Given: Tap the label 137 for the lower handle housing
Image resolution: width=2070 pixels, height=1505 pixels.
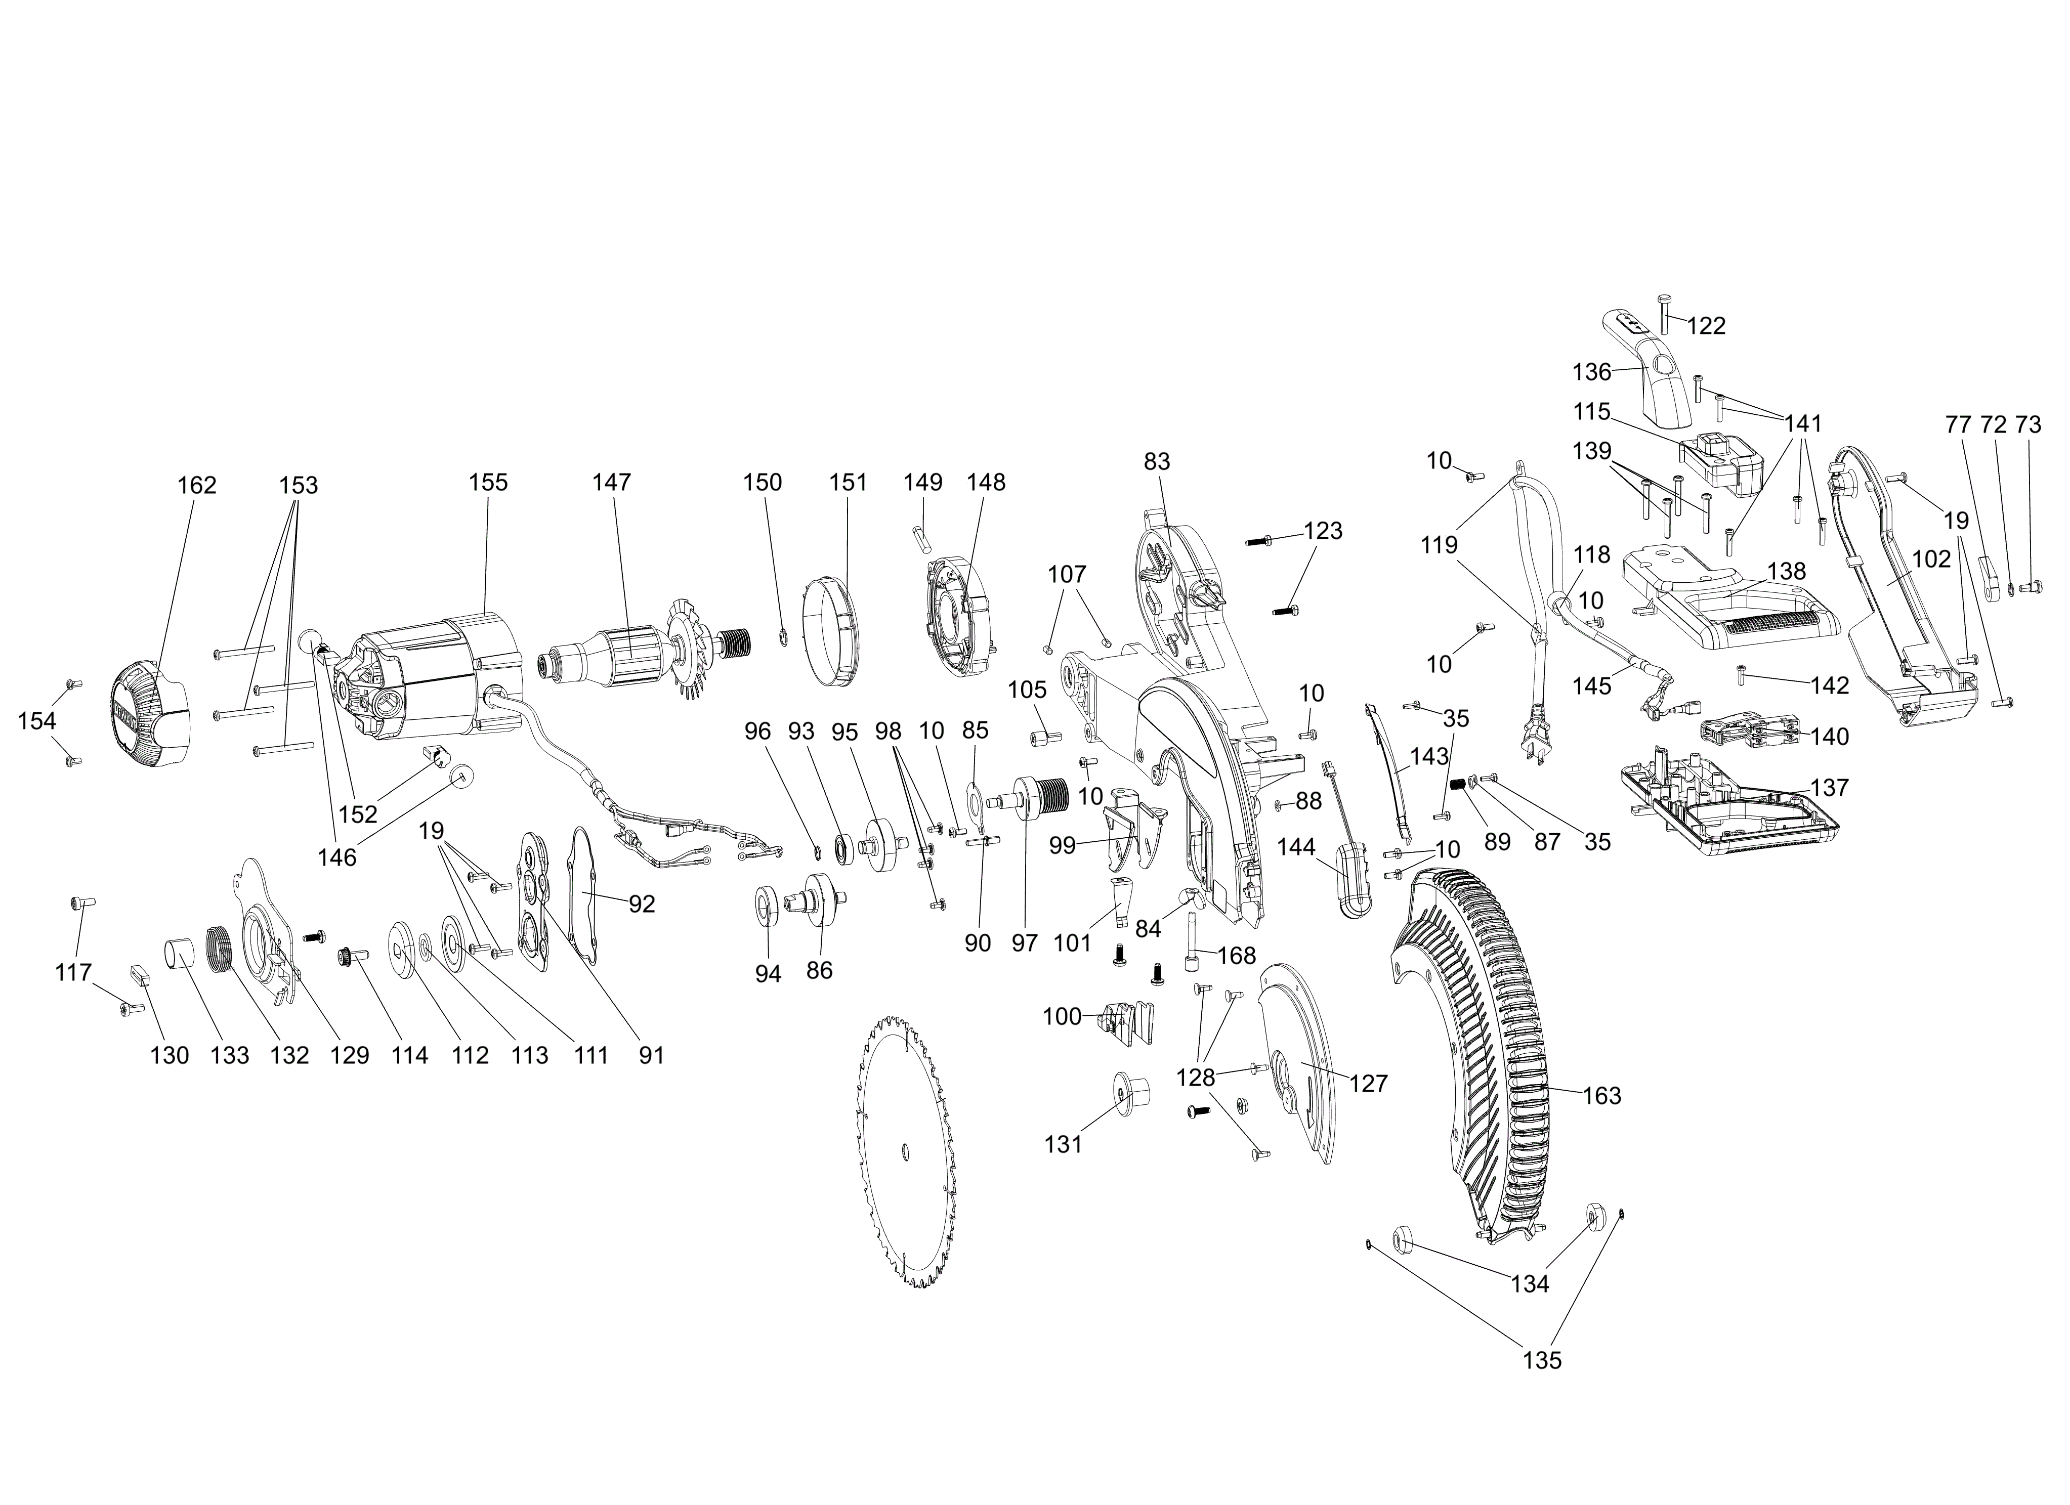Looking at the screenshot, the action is (1803, 787).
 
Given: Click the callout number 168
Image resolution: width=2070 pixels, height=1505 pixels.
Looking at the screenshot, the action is (1237, 956).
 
